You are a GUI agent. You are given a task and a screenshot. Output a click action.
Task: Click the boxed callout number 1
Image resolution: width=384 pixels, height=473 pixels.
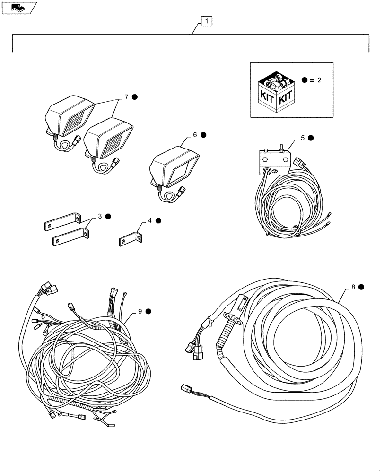pos(207,21)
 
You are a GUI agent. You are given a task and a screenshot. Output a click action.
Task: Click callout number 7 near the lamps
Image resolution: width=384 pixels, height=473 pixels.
pos(126,97)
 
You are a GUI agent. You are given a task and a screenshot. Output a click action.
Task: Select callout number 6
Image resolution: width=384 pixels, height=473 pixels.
pos(194,135)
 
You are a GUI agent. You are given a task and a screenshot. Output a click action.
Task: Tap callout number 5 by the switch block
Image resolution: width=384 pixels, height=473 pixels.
pos(303,139)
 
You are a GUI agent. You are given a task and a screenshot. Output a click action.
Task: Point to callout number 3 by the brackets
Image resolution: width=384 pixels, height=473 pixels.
pos(100,217)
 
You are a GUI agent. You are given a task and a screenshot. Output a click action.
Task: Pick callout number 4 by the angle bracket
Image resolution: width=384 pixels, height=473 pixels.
pos(149,220)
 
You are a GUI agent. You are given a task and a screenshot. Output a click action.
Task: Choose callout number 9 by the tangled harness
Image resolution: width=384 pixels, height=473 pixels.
pos(140,311)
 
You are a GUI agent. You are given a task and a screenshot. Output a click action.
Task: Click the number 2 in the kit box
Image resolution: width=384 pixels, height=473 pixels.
pos(319,80)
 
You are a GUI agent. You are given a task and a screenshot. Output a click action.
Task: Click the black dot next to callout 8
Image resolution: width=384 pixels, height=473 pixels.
pos(361,287)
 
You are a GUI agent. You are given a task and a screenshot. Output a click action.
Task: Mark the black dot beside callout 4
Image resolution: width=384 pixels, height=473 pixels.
pos(158,220)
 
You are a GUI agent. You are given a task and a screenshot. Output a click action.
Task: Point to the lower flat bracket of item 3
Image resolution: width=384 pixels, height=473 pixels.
pos(70,238)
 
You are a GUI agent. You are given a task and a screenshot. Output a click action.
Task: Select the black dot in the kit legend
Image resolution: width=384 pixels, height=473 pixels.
pos(305,80)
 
